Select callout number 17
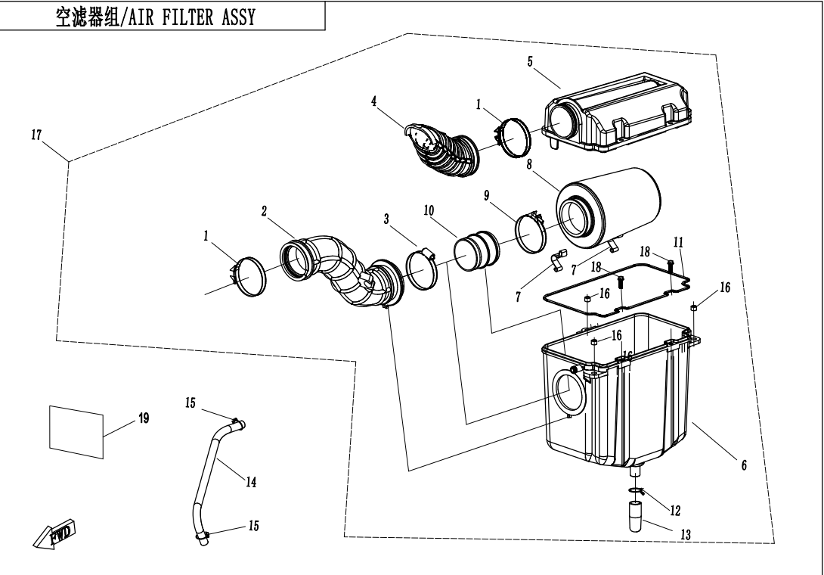(36, 136)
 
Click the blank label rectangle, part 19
(76, 430)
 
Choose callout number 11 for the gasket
(678, 241)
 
